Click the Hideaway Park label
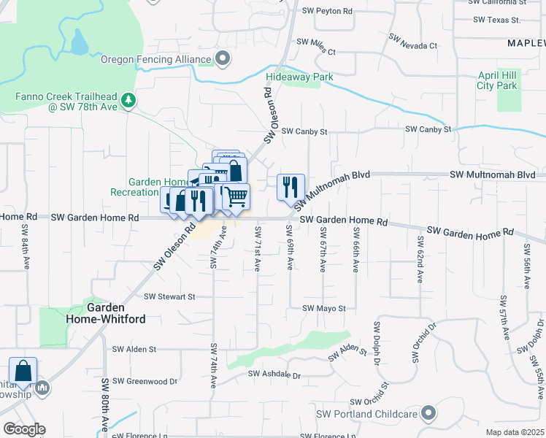(x=299, y=77)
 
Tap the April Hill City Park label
(x=497, y=80)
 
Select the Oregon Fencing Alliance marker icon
(x=223, y=58)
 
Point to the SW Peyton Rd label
(x=327, y=12)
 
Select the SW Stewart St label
(x=169, y=297)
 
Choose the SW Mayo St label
(x=323, y=309)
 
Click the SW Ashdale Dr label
(x=274, y=374)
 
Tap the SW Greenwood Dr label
(x=145, y=381)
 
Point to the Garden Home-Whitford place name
(x=116, y=313)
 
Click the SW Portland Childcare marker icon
(x=428, y=414)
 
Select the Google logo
(x=24, y=429)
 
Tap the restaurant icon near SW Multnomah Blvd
(x=291, y=187)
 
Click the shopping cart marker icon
(x=236, y=196)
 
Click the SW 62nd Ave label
(x=420, y=259)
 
